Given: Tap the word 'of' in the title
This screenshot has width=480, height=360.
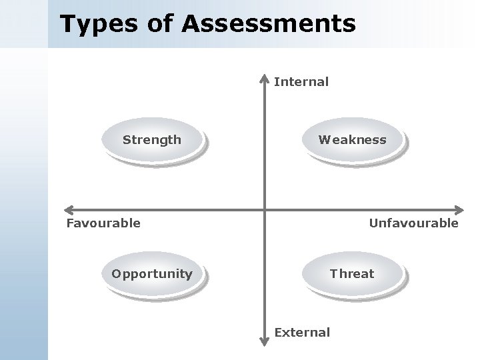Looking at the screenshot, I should click(163, 24).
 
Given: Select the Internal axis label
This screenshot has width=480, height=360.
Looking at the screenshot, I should click(301, 82).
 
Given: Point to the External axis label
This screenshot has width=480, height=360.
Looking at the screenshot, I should click(302, 332).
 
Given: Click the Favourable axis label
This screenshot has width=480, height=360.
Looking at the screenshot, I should click(103, 223).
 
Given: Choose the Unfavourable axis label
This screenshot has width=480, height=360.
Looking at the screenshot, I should click(413, 223).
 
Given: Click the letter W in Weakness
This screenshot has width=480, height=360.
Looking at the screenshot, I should click(323, 140).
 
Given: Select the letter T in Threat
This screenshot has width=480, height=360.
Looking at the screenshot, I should click(333, 273).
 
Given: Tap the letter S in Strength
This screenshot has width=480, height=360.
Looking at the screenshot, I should click(126, 140).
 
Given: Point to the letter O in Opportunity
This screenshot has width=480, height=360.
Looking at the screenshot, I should click(116, 273).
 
